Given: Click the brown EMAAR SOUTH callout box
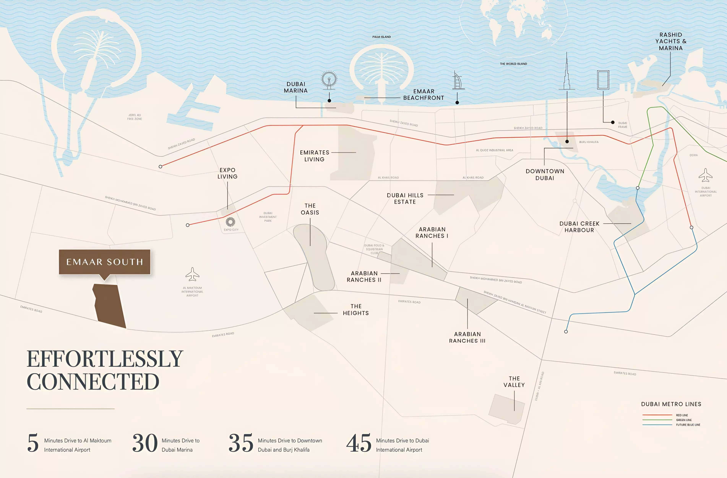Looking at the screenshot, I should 105,262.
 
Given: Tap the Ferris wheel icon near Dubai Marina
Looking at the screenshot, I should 329,80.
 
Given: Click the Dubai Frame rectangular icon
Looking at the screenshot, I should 603,80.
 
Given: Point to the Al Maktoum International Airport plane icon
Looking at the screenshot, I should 192,274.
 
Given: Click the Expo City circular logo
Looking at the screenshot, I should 230,222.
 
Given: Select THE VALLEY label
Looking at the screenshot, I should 514,382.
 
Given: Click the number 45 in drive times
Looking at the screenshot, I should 359,443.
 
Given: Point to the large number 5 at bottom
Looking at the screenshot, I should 33,443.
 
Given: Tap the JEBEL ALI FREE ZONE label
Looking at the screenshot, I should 134,117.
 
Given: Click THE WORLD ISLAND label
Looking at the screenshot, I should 513,64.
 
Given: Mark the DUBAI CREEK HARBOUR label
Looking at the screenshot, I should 579,227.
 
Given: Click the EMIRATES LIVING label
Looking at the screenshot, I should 314,156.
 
